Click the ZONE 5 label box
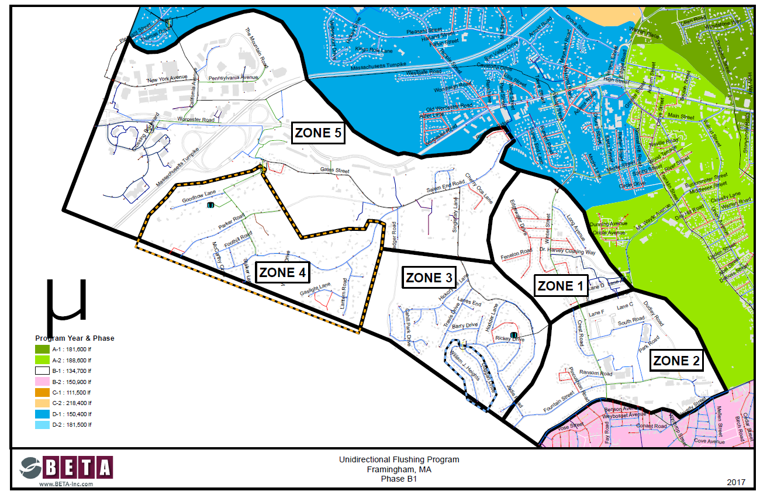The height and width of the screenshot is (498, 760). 318,133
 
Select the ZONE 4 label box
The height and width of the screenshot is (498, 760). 282,272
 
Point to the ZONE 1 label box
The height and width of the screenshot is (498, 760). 559,286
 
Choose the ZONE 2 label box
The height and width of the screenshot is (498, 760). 676,361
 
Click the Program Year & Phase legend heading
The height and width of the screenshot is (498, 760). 74,338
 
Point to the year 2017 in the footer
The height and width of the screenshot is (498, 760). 736,482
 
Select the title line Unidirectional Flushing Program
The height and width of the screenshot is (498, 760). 399,459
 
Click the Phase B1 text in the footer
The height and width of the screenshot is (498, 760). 399,478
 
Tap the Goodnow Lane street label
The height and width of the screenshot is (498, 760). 199,199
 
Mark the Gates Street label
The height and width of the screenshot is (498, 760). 334,171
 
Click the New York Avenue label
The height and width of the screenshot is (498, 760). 167,79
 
